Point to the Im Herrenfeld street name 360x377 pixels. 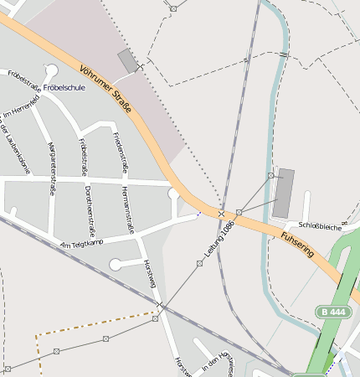[22, 107]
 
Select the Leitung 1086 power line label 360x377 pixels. [217, 239]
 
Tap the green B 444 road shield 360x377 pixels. [332, 312]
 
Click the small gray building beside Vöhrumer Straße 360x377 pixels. [128, 60]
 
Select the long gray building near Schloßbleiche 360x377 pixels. [284, 193]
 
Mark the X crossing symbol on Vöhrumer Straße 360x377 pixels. [222, 214]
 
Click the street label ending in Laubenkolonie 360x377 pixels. [17, 151]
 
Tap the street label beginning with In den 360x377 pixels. [215, 362]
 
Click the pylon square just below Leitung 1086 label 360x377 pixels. [199, 263]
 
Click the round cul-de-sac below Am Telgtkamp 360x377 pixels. [116, 265]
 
